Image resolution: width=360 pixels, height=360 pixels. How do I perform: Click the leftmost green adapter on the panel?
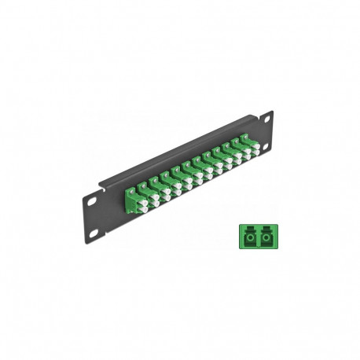pyautogui.click(x=131, y=197)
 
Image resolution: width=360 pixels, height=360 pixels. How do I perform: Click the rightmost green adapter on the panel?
pyautogui.click(x=249, y=145)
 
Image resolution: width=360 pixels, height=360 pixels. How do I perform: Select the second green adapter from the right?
pyautogui.click(x=239, y=149)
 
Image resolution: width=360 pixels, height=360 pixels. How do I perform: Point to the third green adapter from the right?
pyautogui.click(x=230, y=154)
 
